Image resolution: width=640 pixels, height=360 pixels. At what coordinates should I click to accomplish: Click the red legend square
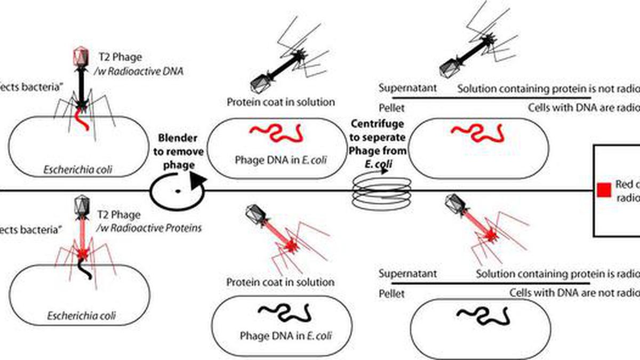tap(604, 190)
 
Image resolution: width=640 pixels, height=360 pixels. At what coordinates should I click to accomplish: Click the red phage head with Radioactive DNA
tap(79, 55)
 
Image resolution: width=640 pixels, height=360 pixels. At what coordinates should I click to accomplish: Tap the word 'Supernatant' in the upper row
tap(407, 87)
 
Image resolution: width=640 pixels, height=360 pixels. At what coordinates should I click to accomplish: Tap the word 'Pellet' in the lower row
tap(391, 293)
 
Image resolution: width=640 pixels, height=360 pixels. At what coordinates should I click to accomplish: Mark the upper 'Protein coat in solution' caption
tap(281, 102)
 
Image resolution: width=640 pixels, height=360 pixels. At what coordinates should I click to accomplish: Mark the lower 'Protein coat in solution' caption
tap(281, 282)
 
